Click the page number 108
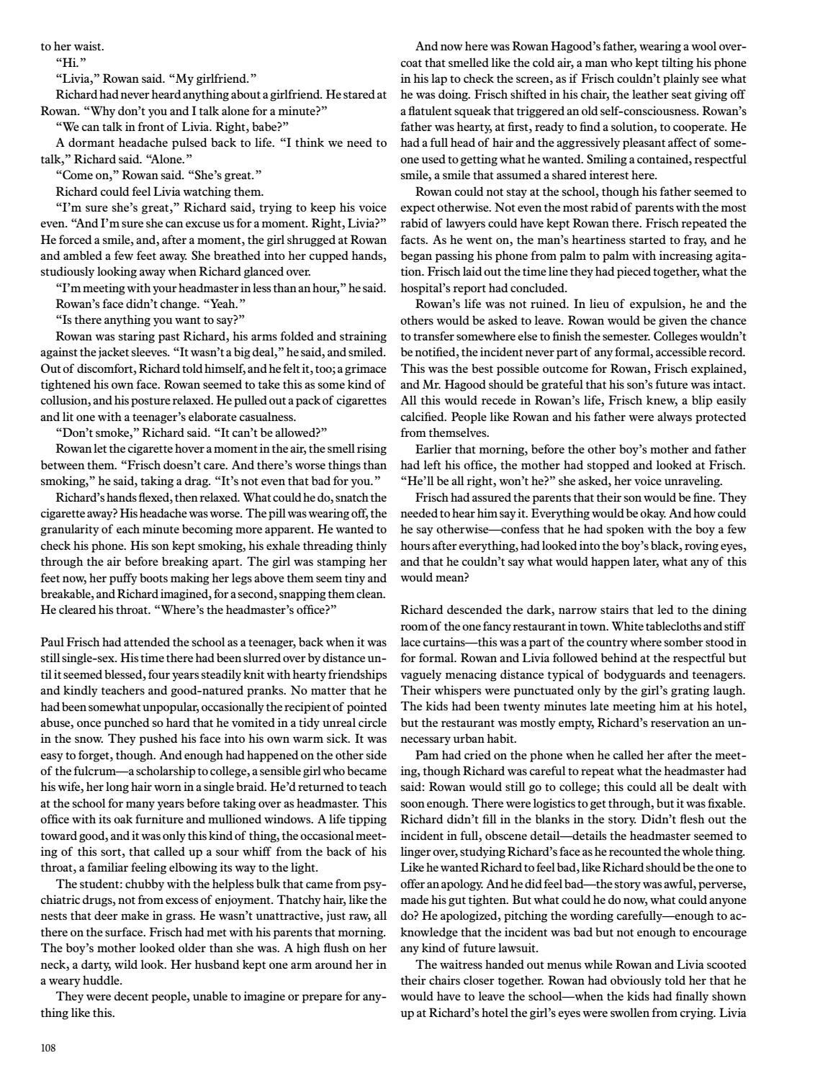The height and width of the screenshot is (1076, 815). [x=48, y=1048]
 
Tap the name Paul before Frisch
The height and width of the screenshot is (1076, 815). [x=53, y=642]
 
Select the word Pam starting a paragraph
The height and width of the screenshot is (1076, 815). [x=426, y=755]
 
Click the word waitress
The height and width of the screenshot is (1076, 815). [x=461, y=964]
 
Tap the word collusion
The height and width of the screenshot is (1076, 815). [x=66, y=401]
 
